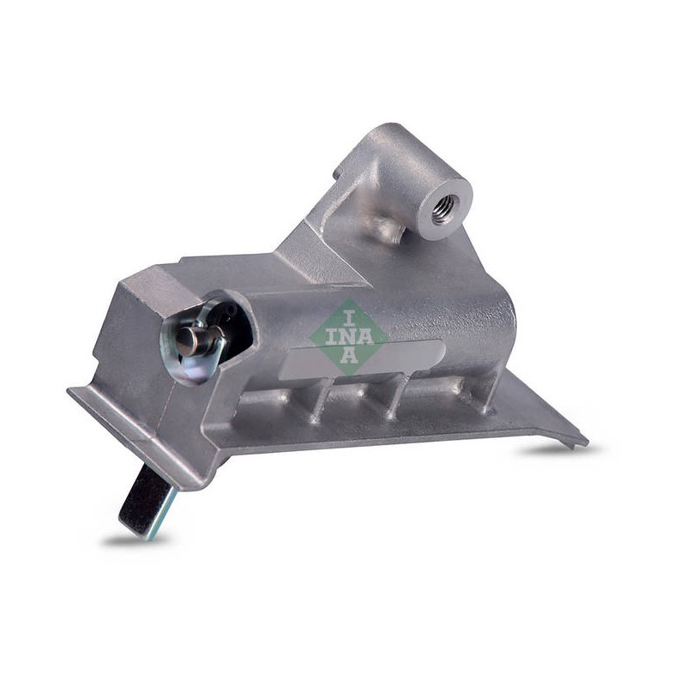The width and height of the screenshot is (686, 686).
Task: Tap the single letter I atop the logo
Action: point(348,318)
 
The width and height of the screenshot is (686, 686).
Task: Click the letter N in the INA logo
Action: point(348,337)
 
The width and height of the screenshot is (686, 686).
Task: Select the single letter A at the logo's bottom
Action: point(349,355)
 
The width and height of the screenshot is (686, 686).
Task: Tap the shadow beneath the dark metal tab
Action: point(131,541)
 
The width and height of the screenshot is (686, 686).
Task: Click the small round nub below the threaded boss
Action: point(388,228)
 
